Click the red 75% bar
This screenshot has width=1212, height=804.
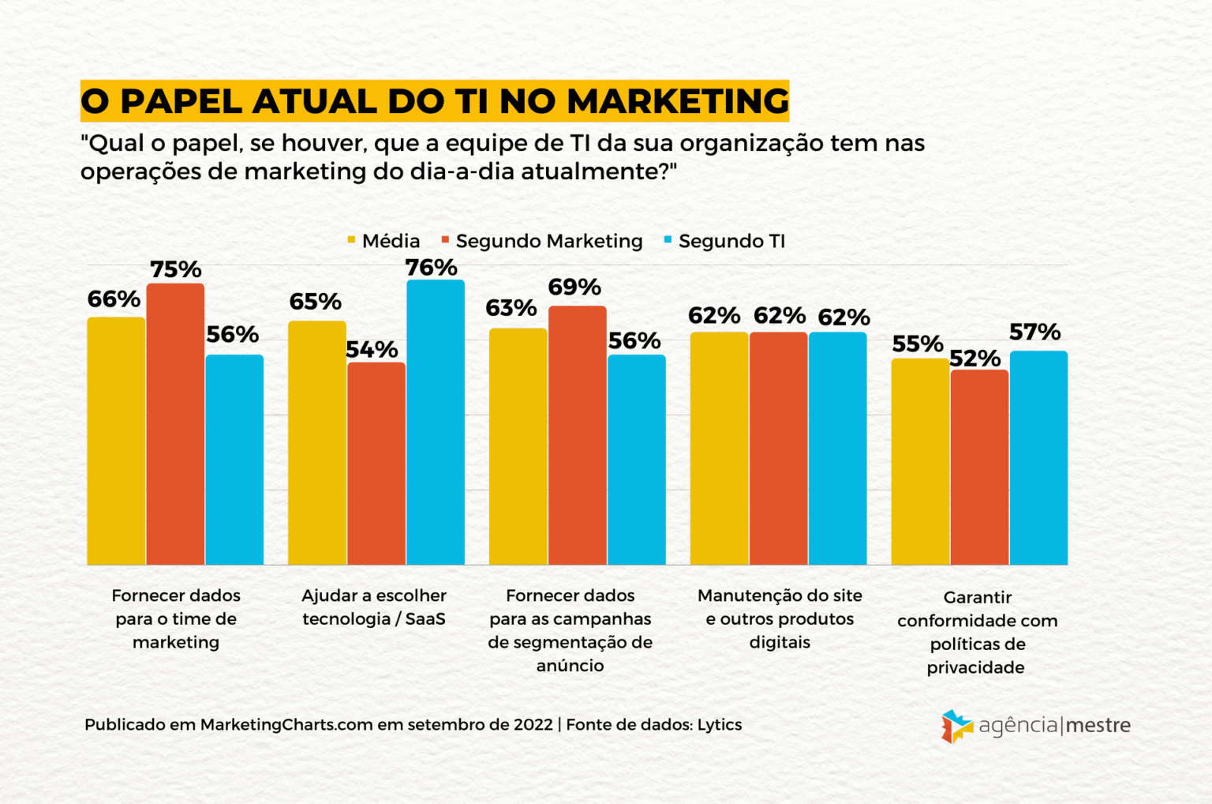point(175,424)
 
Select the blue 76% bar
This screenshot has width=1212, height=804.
point(436,423)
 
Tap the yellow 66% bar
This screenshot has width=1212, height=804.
point(116,441)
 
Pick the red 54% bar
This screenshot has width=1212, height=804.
point(376,464)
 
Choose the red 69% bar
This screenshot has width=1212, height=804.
point(578,435)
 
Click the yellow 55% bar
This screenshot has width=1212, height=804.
point(920,462)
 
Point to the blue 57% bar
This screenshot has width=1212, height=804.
point(1038,458)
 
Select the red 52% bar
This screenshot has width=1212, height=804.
point(979,468)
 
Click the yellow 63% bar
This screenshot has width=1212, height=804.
point(518,446)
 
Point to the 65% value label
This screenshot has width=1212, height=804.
point(315,302)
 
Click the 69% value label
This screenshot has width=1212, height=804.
point(574,287)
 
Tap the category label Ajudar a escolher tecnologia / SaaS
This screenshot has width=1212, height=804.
point(374,607)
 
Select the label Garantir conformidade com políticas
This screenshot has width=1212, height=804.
point(977,632)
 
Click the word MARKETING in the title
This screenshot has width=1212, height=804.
point(678,101)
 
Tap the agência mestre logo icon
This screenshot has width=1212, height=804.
point(956,726)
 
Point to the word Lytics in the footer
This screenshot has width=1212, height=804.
point(719,724)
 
